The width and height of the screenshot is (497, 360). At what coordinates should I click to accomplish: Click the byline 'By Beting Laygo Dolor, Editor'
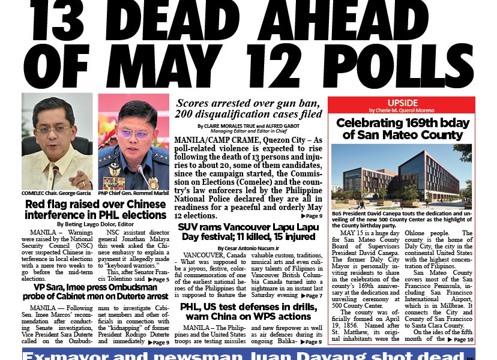click(95, 224)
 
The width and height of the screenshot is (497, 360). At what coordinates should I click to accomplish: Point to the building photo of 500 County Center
click(402, 175)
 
